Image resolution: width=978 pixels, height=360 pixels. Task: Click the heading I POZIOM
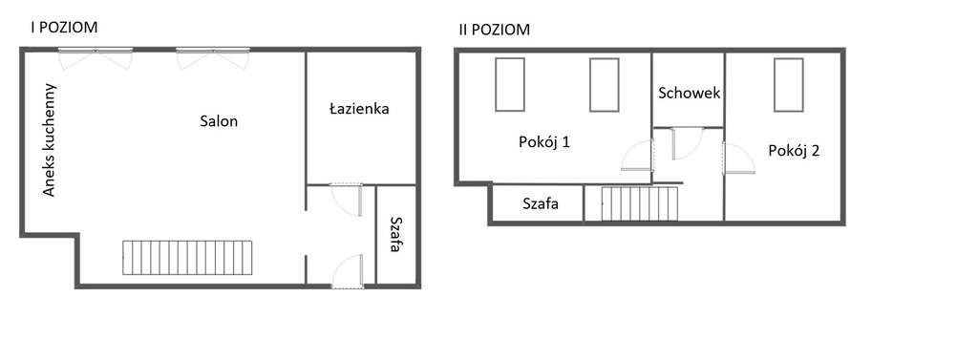64,28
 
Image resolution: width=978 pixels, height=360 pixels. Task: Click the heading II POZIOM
494,30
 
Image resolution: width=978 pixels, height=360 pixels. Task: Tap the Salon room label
219,121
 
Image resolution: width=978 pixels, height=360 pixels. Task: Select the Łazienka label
358,109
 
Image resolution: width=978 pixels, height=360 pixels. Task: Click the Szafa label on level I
395,235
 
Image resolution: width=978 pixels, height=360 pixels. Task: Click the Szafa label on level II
540,203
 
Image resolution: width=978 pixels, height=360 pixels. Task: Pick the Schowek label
689,94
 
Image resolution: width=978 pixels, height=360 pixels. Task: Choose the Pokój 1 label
544,142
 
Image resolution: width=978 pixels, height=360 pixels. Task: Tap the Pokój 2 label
794,150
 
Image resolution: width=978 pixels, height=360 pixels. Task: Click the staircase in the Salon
188,258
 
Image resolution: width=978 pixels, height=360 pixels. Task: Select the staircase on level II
639,203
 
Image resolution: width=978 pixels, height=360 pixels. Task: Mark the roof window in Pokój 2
787,85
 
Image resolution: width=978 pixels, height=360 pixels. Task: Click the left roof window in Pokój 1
509,85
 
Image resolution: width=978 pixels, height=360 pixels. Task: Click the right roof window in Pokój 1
604,85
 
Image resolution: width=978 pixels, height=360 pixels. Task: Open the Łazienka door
347,199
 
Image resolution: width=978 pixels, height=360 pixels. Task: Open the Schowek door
687,143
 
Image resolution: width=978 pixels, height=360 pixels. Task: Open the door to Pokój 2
738,158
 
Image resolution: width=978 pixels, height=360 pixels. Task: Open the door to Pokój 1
638,155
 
